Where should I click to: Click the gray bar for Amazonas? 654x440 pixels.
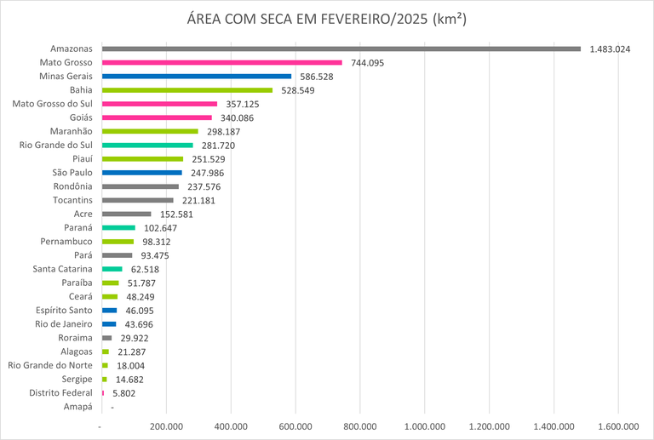click(341, 49)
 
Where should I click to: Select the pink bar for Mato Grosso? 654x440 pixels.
click(221, 62)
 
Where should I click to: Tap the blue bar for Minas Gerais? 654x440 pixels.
click(196, 77)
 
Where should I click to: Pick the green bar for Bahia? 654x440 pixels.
click(186, 90)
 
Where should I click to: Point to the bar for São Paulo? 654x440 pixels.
click(141, 173)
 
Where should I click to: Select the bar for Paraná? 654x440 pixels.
click(118, 228)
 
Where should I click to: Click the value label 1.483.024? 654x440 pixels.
click(610, 49)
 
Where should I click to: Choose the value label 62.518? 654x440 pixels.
click(146, 270)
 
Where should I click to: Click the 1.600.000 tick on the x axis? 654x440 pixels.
click(619, 426)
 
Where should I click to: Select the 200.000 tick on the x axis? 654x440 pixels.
click(166, 426)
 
